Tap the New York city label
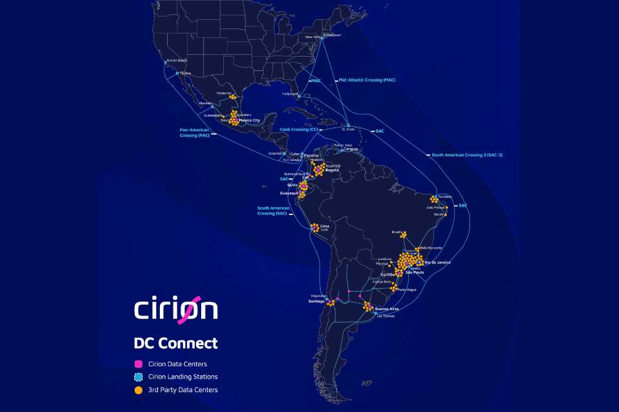[313, 37]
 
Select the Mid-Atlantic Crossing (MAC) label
[367, 80]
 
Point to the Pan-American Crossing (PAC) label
[195, 133]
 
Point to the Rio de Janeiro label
[438, 263]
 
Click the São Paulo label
[415, 273]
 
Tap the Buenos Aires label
[386, 309]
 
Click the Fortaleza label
[444, 196]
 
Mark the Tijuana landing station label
[186, 73]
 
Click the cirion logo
[176, 308]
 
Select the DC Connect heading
[175, 343]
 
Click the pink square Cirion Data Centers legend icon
[138, 364]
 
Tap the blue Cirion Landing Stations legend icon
[138, 377]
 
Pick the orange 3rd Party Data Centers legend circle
[138, 389]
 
